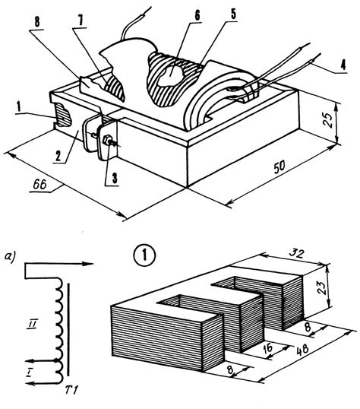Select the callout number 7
point(81,21)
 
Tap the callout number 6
point(197,16)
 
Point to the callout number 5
point(233,14)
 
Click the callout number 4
point(343,65)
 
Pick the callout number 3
point(115,178)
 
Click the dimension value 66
point(39,185)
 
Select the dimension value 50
point(279,167)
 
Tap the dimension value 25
point(329,120)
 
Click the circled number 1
point(144,255)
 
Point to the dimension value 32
point(296,253)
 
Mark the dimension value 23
point(323,287)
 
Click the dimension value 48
point(302,349)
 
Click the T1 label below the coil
point(71,391)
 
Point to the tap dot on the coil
point(55,361)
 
